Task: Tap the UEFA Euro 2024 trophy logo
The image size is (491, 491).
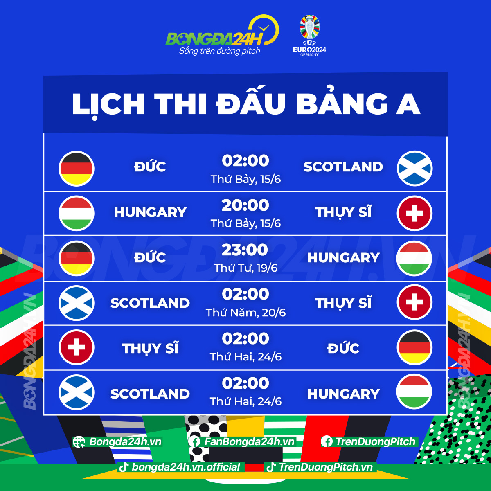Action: point(310,35)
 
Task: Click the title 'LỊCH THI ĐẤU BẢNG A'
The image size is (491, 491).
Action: point(245,104)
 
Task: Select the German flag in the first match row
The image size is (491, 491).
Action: point(77,169)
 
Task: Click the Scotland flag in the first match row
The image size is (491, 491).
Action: point(414,169)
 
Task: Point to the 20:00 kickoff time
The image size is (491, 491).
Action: point(245,205)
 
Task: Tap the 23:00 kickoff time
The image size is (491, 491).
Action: point(245,250)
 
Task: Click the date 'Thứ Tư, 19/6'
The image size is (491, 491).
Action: point(245,268)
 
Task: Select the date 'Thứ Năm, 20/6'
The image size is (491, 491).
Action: point(245,313)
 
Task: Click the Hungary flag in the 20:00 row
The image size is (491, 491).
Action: point(77,214)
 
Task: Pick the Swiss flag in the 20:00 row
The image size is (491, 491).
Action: point(414,214)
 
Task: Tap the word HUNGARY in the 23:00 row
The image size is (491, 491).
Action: point(343,258)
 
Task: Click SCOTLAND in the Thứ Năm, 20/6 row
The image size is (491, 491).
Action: point(150,303)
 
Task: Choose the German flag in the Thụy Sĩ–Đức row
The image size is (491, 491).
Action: point(414,347)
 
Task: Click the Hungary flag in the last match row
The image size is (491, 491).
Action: point(414,392)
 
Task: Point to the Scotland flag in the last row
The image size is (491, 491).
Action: point(77,392)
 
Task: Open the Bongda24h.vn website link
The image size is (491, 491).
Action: point(125,442)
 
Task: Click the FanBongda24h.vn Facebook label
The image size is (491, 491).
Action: point(249,442)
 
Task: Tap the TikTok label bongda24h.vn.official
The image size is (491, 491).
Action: point(186,467)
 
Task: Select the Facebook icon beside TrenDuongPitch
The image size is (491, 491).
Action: point(327,441)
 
